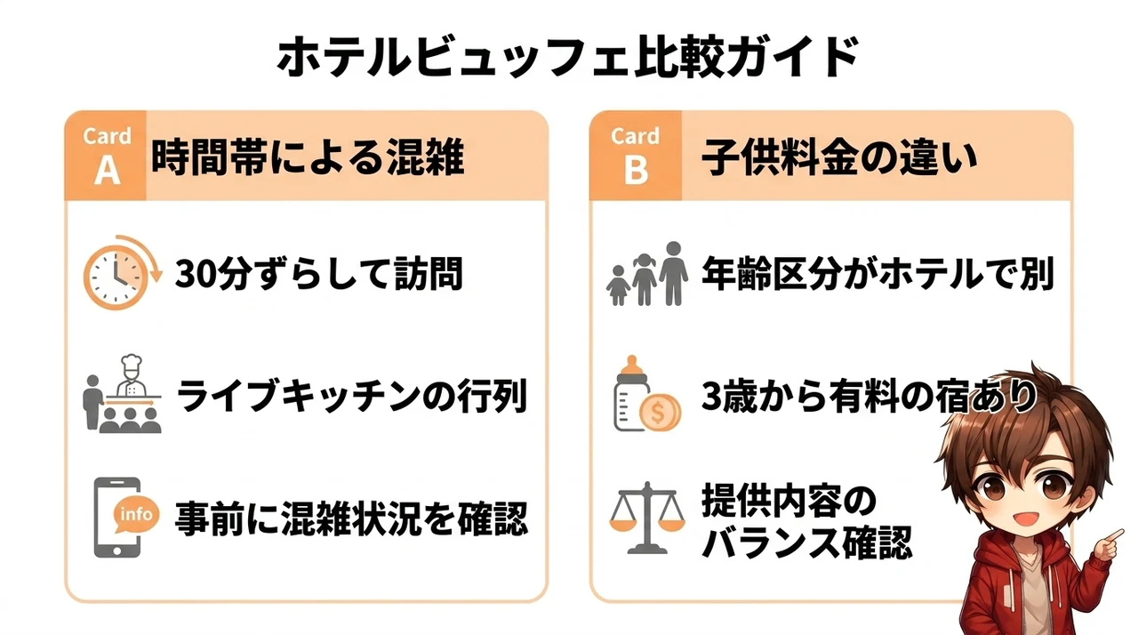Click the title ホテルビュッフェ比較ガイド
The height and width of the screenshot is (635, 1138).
pyautogui.click(x=567, y=56)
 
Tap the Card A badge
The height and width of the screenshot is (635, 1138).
pyautogui.click(x=106, y=156)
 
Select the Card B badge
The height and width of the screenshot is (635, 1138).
pyautogui.click(x=636, y=156)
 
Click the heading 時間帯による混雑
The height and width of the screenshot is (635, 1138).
pyautogui.click(x=308, y=157)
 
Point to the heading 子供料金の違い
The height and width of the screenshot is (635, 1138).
pyautogui.click(x=839, y=158)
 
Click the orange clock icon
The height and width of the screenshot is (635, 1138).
pyautogui.click(x=122, y=273)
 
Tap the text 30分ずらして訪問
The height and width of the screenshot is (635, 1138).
pyautogui.click(x=319, y=273)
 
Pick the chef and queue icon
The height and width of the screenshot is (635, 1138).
pyautogui.click(x=123, y=394)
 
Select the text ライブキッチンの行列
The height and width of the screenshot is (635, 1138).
pyautogui.click(x=351, y=397)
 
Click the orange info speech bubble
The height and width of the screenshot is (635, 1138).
pyautogui.click(x=136, y=514)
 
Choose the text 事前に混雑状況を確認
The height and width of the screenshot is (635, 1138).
pyautogui.click(x=351, y=519)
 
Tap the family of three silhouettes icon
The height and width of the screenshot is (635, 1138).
pyautogui.click(x=647, y=274)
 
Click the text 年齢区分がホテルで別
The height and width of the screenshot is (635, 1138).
pyautogui.click(x=878, y=273)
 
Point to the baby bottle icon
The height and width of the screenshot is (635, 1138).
pyautogui.click(x=631, y=393)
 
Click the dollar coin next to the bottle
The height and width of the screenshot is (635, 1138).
pyautogui.click(x=660, y=413)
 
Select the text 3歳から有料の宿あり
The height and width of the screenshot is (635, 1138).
pyautogui.click(x=870, y=397)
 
